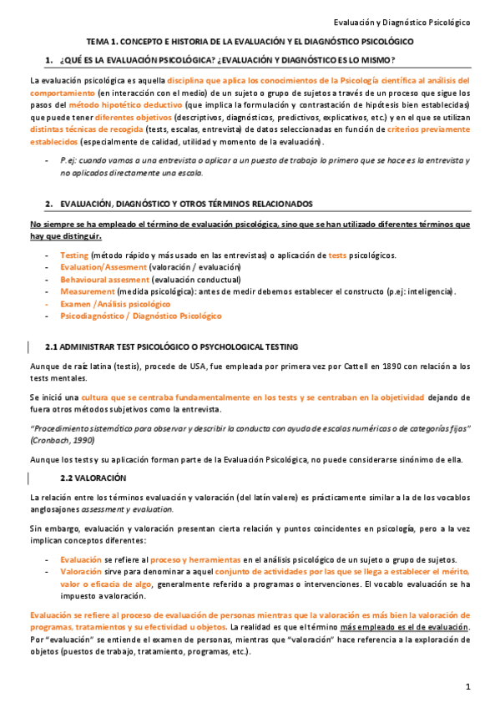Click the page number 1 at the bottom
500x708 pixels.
[469, 686]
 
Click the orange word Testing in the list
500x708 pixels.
[74, 255]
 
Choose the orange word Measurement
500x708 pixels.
[87, 292]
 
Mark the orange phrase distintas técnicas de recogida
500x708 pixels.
[85, 129]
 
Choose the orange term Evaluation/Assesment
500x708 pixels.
[98, 267]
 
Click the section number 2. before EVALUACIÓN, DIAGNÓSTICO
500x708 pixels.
[49, 204]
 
